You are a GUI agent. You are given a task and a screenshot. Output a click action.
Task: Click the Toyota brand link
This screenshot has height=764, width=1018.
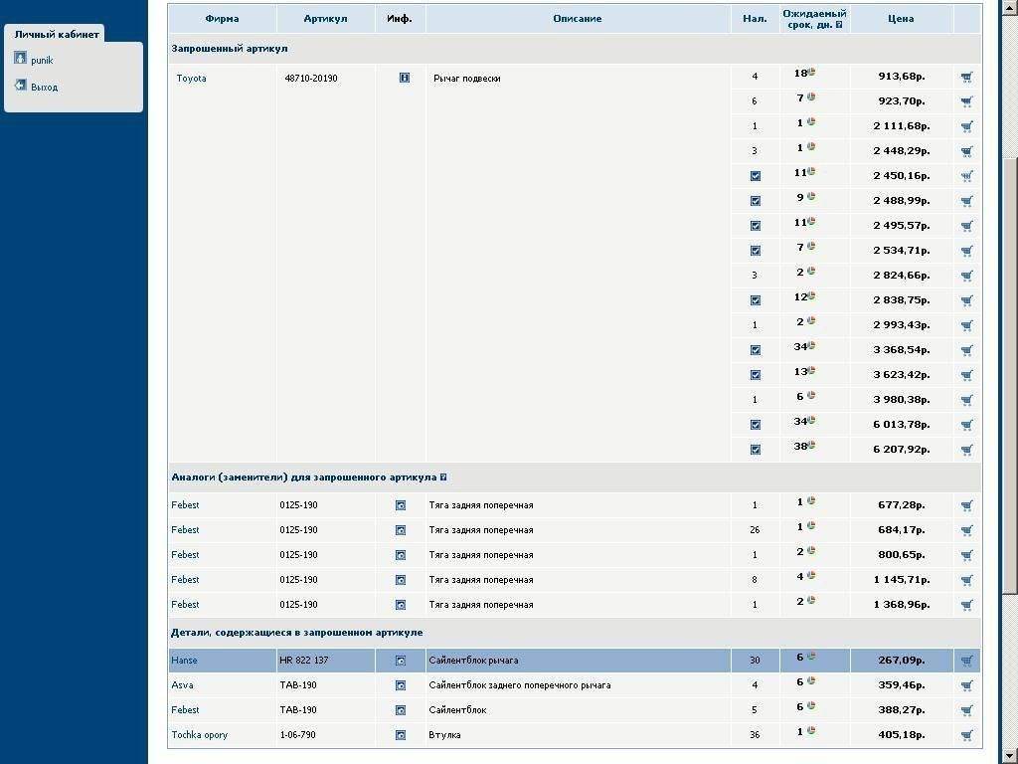pyautogui.click(x=192, y=79)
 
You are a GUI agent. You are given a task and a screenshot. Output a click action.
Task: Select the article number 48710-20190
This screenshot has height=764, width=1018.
pyautogui.click(x=311, y=79)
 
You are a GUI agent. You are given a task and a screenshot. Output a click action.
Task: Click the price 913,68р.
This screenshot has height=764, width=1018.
pyautogui.click(x=903, y=77)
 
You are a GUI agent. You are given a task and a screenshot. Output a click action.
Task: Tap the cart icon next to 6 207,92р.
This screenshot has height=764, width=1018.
pyautogui.click(x=966, y=450)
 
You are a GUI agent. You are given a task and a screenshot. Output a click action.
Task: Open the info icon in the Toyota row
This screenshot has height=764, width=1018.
pyautogui.click(x=405, y=78)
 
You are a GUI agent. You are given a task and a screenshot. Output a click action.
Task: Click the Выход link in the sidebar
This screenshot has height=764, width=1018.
pyautogui.click(x=45, y=88)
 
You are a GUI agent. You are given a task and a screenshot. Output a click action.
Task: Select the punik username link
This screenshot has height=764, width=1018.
pyautogui.click(x=42, y=61)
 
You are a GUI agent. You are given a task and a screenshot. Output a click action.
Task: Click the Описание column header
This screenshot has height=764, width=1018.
pyautogui.click(x=578, y=19)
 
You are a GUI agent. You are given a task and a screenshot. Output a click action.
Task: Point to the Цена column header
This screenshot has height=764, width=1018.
pyautogui.click(x=901, y=19)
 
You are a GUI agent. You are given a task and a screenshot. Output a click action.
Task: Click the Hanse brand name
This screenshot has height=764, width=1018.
pyautogui.click(x=185, y=661)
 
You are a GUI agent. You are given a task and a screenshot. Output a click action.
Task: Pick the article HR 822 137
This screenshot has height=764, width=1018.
pyautogui.click(x=304, y=661)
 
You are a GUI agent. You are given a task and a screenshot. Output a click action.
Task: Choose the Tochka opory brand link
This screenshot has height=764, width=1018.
pyautogui.click(x=200, y=735)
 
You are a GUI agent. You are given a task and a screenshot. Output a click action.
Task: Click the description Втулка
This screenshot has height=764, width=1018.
pyautogui.click(x=445, y=735)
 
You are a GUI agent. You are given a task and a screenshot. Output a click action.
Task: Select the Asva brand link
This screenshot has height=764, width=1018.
pyautogui.click(x=183, y=685)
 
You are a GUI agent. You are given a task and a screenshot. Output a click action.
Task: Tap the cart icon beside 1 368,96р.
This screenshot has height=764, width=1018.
pyautogui.click(x=966, y=605)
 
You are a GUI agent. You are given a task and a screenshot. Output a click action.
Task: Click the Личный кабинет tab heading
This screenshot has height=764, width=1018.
pyautogui.click(x=57, y=35)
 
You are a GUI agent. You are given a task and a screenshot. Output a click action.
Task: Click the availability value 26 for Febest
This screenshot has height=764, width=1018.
pyautogui.click(x=755, y=530)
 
